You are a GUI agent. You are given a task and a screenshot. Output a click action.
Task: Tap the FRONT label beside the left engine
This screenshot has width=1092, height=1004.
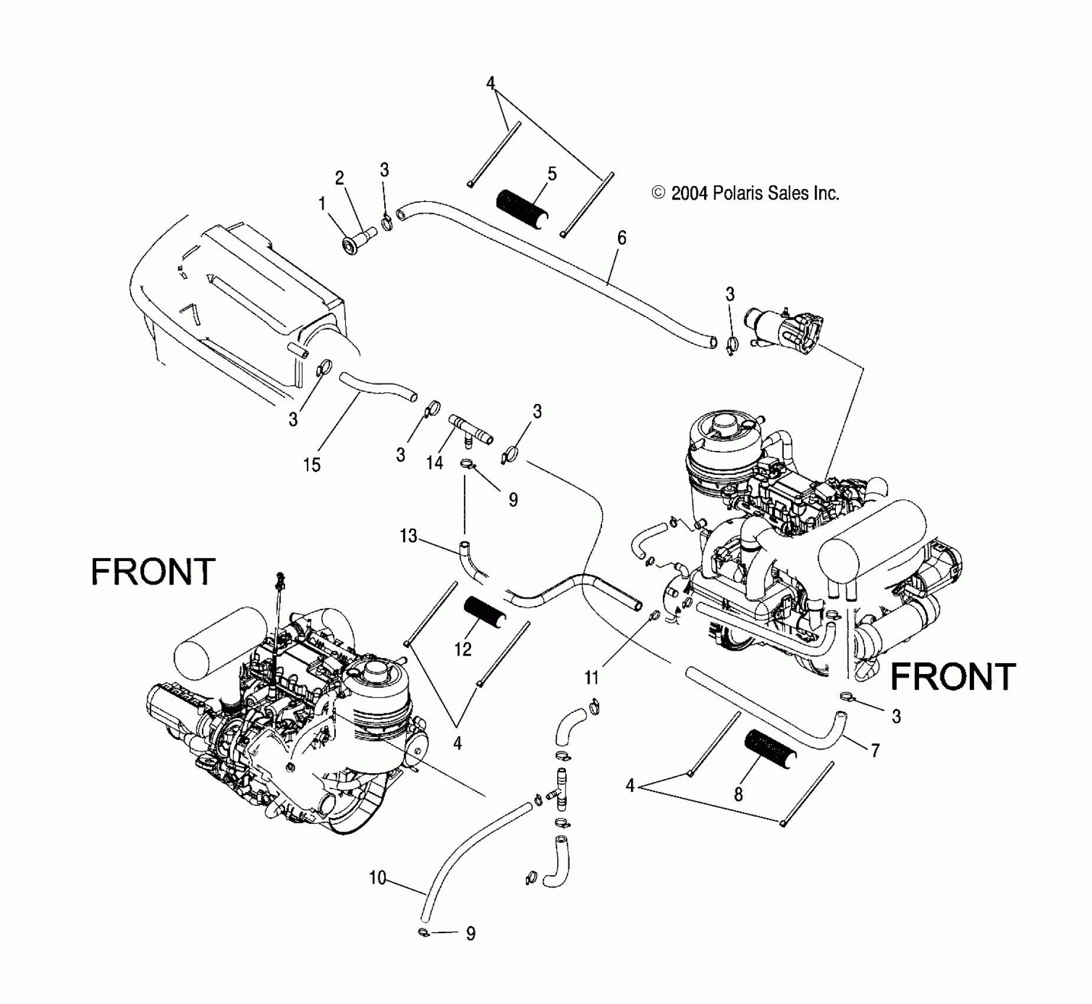(x=153, y=572)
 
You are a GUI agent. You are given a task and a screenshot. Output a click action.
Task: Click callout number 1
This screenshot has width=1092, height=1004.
(x=322, y=204)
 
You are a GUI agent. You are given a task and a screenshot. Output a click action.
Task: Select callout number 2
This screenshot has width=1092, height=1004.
(x=339, y=178)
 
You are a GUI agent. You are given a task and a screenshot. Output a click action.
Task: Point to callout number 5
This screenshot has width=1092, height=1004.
(x=552, y=174)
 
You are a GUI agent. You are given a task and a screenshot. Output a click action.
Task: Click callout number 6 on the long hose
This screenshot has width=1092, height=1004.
(x=622, y=238)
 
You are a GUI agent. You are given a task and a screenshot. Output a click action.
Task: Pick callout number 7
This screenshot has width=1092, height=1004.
(x=875, y=751)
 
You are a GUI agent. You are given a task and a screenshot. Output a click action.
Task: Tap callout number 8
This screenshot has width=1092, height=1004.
(x=738, y=795)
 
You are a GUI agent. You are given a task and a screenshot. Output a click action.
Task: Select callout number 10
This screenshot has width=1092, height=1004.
(x=377, y=878)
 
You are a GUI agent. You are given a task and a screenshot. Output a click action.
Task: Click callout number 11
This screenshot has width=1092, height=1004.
(x=591, y=677)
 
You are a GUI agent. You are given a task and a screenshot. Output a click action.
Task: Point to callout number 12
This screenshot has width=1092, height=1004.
(x=463, y=649)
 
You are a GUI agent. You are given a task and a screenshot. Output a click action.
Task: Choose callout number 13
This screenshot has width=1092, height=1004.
(x=408, y=536)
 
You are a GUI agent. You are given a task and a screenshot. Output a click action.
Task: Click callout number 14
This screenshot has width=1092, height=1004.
(x=434, y=462)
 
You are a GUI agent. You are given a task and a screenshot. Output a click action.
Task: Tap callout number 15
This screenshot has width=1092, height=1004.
(x=312, y=465)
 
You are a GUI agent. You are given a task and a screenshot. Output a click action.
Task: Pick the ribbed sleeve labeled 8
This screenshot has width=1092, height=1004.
(x=770, y=748)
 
